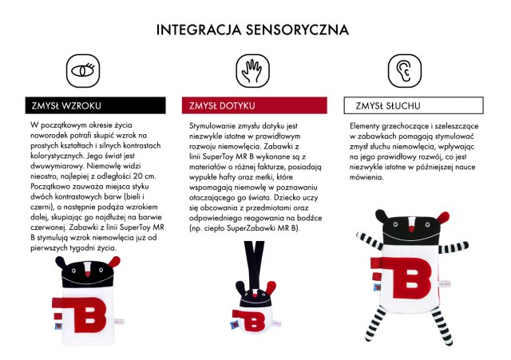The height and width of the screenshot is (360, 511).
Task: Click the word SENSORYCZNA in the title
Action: click(297, 30)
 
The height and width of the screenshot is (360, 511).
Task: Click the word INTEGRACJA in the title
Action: click(199, 30)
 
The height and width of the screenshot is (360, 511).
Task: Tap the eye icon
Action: click(83, 71)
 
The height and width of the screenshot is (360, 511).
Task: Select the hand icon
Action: click(253, 71)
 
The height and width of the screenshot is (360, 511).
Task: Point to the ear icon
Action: click(405, 71)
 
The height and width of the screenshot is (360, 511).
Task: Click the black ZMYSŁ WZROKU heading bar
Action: click(96, 105)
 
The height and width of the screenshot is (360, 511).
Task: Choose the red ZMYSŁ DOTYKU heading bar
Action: click(255, 105)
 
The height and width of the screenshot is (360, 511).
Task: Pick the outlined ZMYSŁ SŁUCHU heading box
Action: click(414, 105)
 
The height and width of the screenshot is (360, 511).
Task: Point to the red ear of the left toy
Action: click(113, 262)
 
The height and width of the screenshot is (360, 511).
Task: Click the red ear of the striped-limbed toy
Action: click(443, 217)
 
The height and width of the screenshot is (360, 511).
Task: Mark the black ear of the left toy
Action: click(61, 263)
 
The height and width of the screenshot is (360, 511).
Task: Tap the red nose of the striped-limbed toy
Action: click(412, 230)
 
